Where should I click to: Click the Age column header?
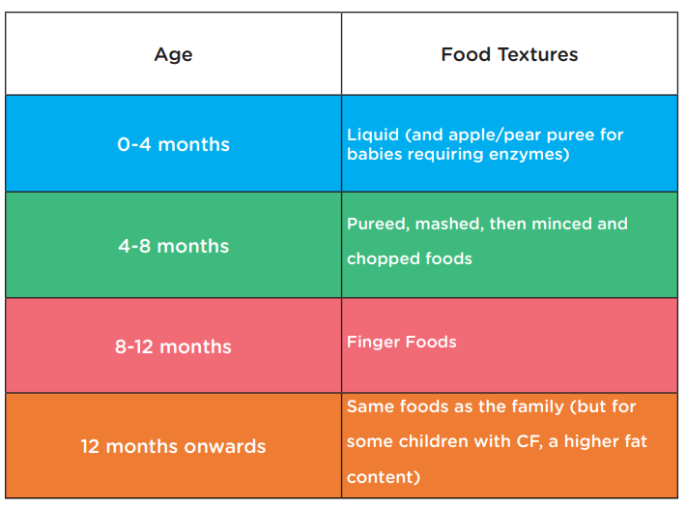click(173, 55)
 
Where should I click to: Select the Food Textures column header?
click(509, 54)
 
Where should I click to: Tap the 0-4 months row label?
click(173, 144)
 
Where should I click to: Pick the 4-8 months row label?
click(173, 246)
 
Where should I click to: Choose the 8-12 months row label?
click(173, 347)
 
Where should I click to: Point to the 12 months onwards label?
click(173, 446)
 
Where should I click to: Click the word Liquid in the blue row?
click(373, 135)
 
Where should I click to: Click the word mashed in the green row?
click(449, 225)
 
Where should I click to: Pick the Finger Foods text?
click(402, 342)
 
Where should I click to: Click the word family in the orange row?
click(537, 407)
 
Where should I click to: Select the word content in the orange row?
click(384, 477)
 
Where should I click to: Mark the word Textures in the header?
click(537, 54)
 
